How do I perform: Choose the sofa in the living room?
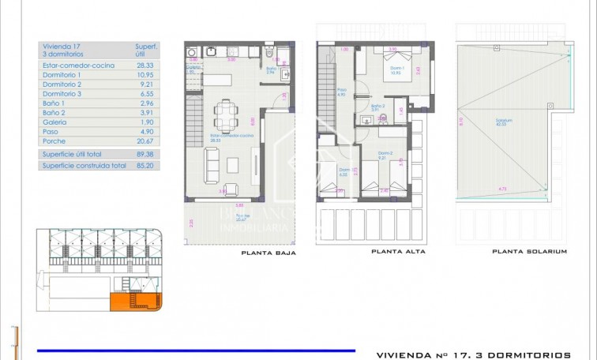213,163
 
